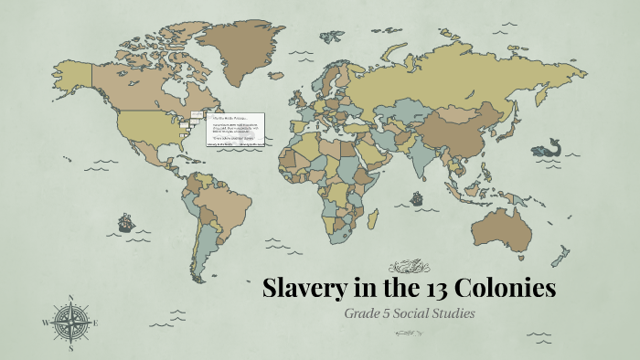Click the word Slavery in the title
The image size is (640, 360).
coord(305,290)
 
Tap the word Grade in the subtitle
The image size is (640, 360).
coord(365,314)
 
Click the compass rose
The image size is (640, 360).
coord(70,323)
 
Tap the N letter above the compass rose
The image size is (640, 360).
coord(70,297)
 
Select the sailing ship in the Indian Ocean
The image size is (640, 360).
coord(416,197)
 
